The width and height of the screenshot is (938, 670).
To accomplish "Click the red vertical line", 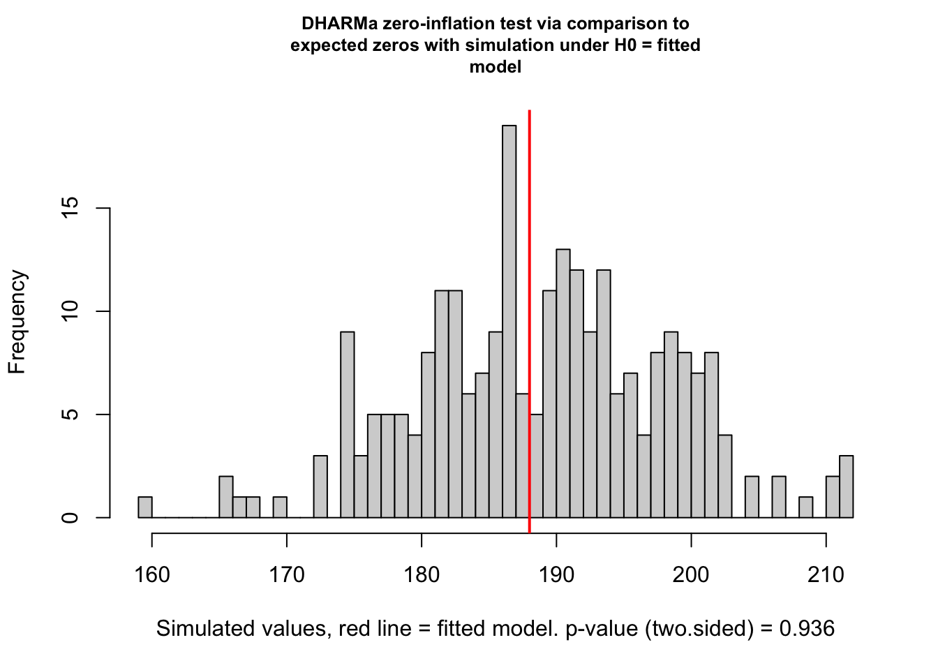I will pos(530,314).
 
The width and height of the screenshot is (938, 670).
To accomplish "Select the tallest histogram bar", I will pos(509,321).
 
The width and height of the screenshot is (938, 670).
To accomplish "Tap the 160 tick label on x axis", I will pos(152,575).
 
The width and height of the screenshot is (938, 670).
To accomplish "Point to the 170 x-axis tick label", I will pos(287,575).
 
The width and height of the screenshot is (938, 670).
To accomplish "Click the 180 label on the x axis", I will pos(422,575).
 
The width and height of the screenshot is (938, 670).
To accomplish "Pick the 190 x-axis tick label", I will pos(556,575).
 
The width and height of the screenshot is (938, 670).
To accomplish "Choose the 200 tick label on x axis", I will pos(691,575).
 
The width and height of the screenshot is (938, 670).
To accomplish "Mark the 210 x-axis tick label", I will pos(826,575).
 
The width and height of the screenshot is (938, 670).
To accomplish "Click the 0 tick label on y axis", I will pos(70,518).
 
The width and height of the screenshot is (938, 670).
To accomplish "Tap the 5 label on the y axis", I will pos(70,415).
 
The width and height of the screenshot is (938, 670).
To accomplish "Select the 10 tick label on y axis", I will pos(70,311).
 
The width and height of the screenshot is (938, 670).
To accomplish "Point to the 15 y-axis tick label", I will pos(70,208).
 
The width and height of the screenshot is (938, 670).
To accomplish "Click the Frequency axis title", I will pos(17,322).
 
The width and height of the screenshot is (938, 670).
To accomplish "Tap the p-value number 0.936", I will pos(807,629).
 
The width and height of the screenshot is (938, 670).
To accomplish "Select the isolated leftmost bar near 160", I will pos(145,507).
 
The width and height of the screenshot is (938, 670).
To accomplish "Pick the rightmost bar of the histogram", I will pos(846,486).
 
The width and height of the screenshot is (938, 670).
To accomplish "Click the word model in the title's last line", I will pos(496,67).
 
